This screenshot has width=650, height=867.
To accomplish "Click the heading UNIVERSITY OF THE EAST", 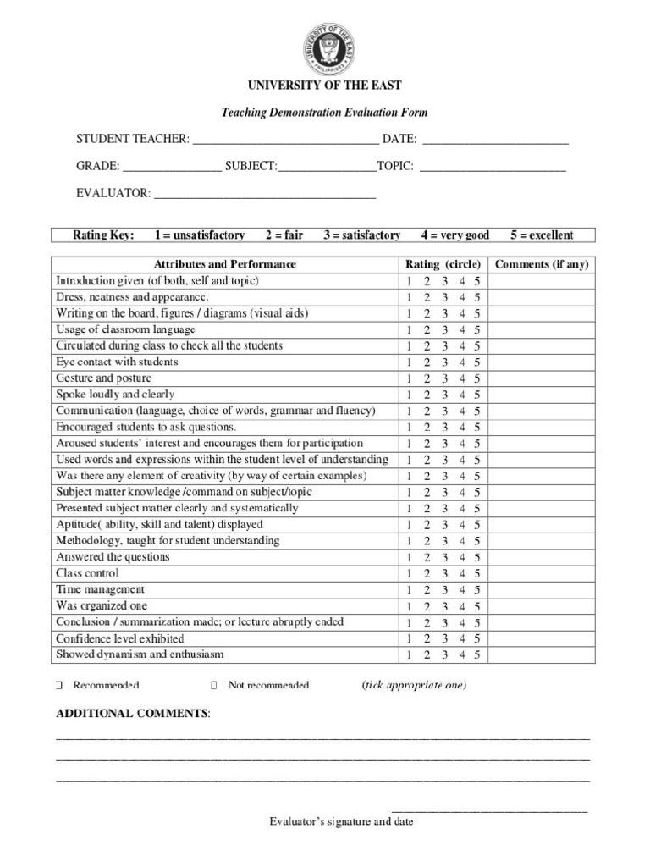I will pos(324,86).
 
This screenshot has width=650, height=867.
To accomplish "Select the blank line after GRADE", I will pos(172,167).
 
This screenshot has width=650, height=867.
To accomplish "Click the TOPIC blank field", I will pos(493,167).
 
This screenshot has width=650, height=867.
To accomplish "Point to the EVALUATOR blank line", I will pos(265,194).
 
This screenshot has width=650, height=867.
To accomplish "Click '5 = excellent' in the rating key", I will pos(542,235).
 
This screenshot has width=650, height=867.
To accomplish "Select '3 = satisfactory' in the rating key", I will pos(361,235).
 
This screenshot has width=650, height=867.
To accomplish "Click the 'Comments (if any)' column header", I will pos(542,264).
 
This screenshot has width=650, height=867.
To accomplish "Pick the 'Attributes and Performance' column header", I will pos(225,264).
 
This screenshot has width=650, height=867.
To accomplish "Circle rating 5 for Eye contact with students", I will pos(477,362).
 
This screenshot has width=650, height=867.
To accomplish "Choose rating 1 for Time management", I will pos(408,589).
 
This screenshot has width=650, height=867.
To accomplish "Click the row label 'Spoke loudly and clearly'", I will pos(115,395).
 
